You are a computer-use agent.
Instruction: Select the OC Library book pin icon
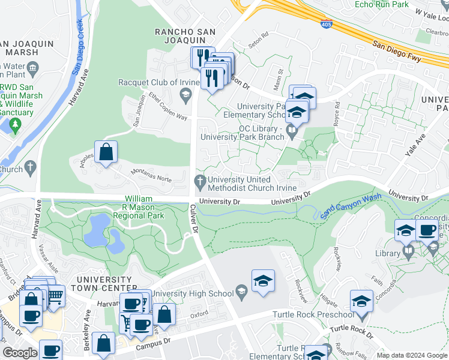(292, 129)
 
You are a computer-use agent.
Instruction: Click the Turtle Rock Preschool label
(313, 314)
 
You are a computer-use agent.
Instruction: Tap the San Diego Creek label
(78, 47)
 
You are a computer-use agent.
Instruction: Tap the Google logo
(20, 353)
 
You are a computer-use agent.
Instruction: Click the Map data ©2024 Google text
(411, 355)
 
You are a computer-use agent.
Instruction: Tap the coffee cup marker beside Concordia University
(427, 231)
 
